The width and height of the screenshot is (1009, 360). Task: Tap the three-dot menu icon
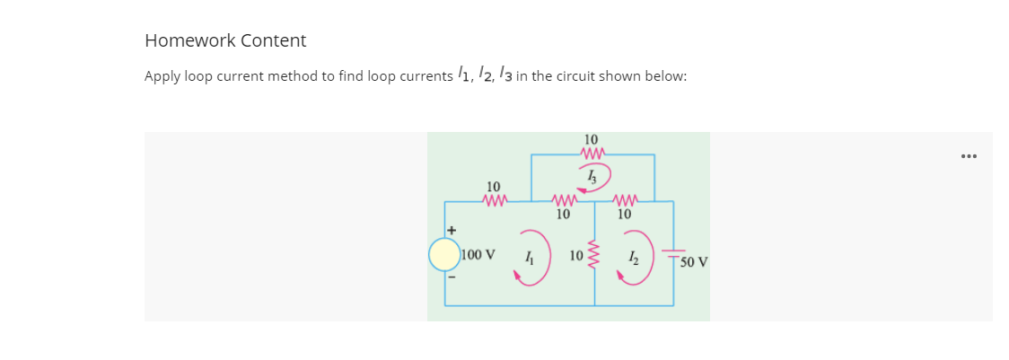[968, 156]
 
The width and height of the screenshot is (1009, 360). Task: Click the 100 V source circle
[444, 255]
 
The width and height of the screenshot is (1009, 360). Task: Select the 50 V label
[694, 263]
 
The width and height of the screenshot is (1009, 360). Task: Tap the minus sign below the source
[453, 277]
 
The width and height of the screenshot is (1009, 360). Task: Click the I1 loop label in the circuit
[531, 257]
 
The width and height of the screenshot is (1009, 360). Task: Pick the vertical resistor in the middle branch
[593, 254]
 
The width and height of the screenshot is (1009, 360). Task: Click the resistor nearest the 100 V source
[495, 201]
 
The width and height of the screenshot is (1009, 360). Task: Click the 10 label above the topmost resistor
[591, 139]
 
